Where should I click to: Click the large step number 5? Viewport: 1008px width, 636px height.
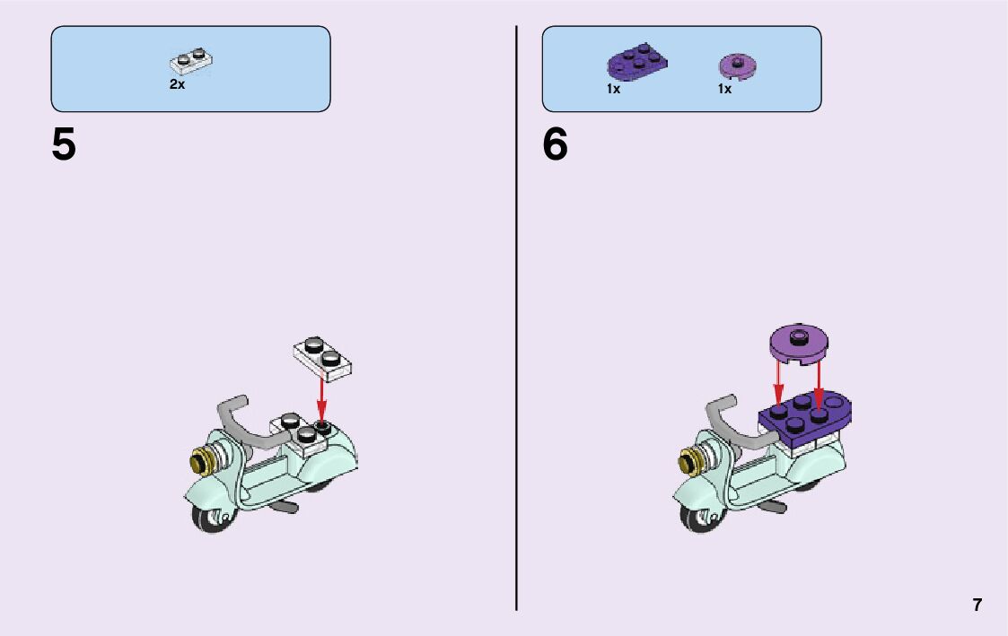click(64, 144)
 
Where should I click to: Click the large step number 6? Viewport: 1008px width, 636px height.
click(555, 144)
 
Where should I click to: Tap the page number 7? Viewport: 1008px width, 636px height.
click(977, 605)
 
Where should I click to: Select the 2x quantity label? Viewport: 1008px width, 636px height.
click(177, 84)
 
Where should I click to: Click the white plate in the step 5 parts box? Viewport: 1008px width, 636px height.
click(191, 60)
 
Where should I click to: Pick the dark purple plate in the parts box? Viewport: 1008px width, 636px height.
click(636, 61)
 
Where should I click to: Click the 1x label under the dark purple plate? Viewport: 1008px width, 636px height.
click(613, 89)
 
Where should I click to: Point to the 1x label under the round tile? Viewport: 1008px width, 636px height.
click(724, 89)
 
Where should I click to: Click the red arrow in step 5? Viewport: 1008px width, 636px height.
click(321, 395)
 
